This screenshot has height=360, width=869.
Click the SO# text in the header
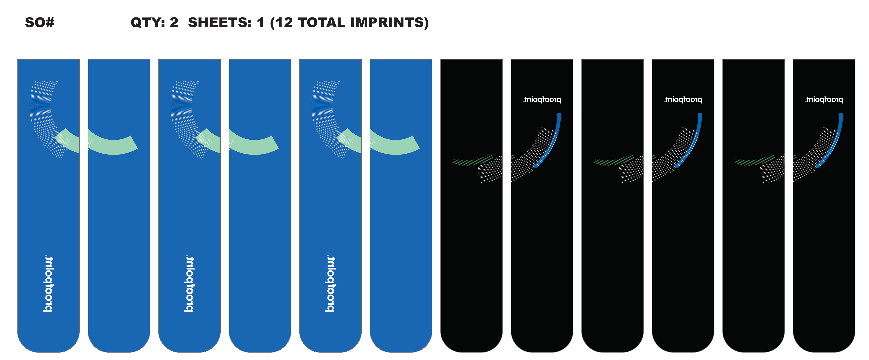[39, 23]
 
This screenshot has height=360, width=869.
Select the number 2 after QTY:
[174, 23]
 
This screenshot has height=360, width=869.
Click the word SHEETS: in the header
[220, 23]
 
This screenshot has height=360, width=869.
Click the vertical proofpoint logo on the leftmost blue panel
[48, 284]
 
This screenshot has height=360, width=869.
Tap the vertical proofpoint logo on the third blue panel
[189, 284]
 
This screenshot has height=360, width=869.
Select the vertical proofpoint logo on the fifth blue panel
[330, 284]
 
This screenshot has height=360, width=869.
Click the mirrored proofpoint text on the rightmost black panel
[824, 100]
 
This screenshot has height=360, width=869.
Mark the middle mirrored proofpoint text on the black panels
[683, 100]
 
